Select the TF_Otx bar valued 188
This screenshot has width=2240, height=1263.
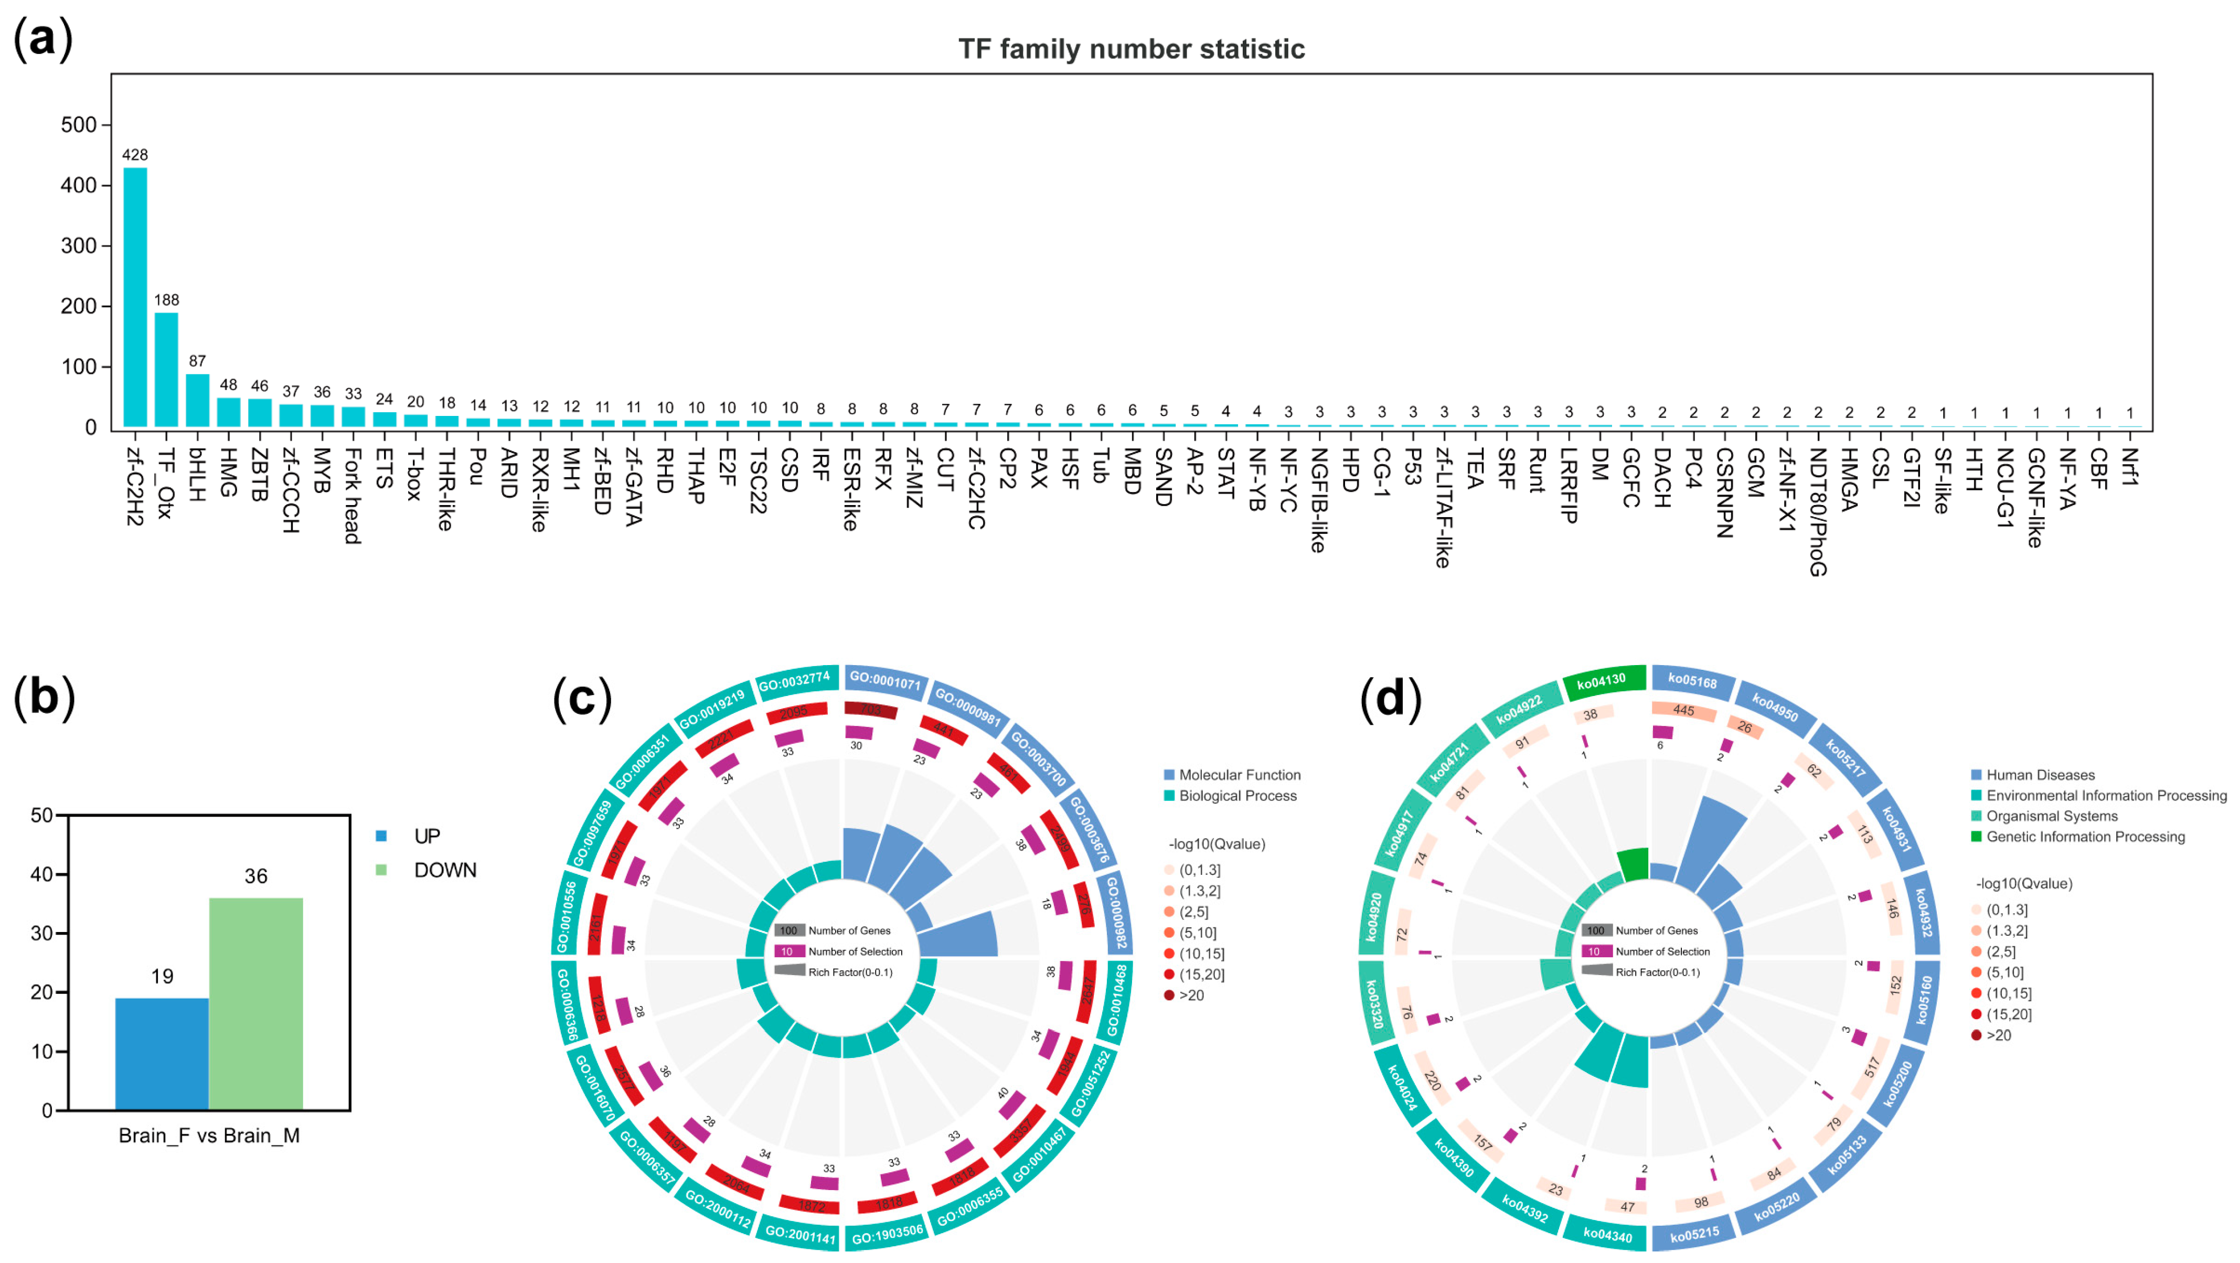click(x=166, y=369)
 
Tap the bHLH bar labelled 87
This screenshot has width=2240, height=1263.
click(x=197, y=400)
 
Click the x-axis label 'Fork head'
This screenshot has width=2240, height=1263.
click(x=352, y=496)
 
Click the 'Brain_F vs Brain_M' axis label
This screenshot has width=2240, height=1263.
click(x=209, y=1135)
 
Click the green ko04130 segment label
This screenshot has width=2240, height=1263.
click(x=1602, y=681)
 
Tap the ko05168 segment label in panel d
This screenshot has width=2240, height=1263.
click(x=1692, y=681)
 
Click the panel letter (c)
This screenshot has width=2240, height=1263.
click(x=583, y=698)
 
